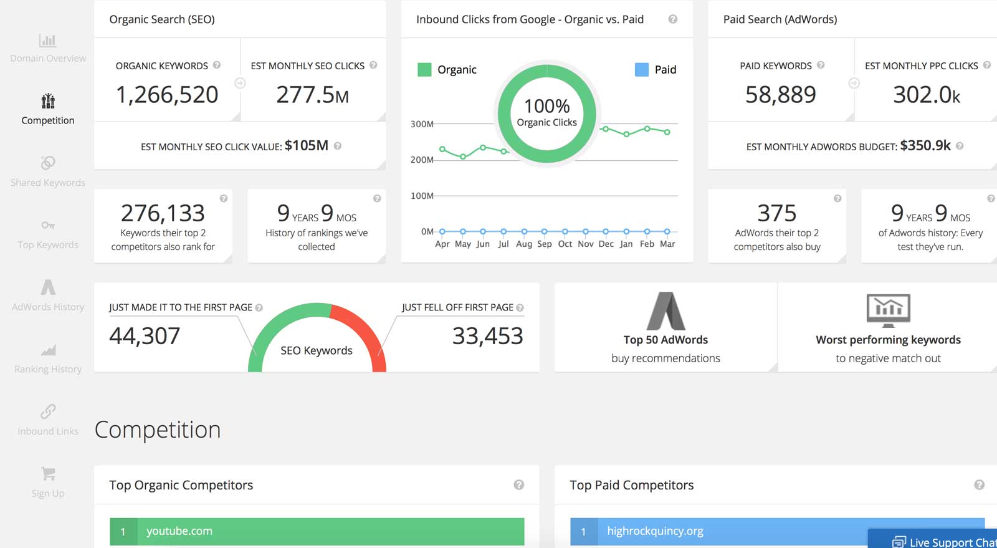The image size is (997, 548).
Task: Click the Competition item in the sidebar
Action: (48, 109)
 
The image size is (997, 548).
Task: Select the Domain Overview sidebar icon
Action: (48, 41)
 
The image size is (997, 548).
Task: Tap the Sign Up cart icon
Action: (48, 474)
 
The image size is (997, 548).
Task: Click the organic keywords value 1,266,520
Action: (167, 95)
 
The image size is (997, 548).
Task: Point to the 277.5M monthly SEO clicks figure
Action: (312, 95)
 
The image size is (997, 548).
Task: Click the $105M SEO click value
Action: (306, 146)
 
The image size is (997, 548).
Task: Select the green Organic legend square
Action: (424, 69)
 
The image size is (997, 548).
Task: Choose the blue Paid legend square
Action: (641, 69)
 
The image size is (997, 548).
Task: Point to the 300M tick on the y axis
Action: (421, 124)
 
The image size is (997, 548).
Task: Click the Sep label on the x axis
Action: (544, 244)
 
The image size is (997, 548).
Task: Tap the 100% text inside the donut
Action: (546, 106)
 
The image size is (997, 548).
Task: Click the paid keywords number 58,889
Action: (780, 95)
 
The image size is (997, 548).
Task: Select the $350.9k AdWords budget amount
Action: (925, 146)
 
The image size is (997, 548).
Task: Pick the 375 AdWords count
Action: (776, 213)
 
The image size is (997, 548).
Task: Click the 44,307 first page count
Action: (145, 336)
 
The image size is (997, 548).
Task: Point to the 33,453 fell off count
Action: (487, 336)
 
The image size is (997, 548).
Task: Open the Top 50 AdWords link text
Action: (665, 340)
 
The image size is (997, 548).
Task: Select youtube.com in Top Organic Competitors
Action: (179, 531)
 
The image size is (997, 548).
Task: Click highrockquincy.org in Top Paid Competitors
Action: (655, 531)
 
